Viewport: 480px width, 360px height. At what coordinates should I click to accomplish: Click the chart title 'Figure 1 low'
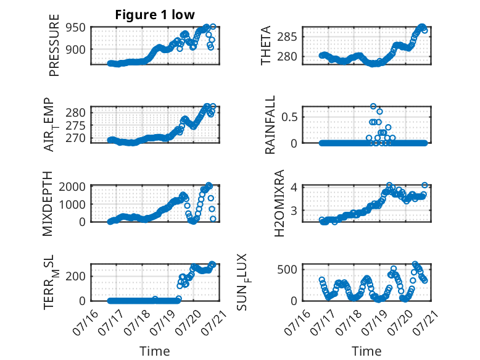pos(155,15)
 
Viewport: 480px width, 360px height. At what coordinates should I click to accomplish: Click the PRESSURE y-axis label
pos(54,45)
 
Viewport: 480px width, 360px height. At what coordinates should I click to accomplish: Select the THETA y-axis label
pos(266,45)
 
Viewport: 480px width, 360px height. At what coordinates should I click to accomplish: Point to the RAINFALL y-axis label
pos(270,124)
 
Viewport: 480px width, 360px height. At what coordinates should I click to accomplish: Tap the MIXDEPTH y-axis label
pos(48,203)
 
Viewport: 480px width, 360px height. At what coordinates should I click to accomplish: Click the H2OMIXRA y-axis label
pos(279,203)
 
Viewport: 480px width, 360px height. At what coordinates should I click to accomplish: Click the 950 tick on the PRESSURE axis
pos(75,28)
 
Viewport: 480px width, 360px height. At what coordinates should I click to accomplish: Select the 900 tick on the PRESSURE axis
pos(75,49)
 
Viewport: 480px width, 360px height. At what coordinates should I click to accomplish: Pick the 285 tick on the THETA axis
pos(287,37)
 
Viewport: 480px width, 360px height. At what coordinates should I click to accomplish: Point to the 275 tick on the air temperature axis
pos(75,125)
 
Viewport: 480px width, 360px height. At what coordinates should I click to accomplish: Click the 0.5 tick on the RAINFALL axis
pos(289,117)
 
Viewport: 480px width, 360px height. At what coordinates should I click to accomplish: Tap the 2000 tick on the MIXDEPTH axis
pos(72,186)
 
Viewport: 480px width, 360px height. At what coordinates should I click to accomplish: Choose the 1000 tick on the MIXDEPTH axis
pos(72,204)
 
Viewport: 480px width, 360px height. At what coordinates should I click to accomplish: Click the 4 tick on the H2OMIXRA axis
pos(294,186)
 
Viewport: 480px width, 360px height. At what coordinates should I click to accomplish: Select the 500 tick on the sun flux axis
pos(287,270)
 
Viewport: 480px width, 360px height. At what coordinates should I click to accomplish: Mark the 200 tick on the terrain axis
pos(75,276)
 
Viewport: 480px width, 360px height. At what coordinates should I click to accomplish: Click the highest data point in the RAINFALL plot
pos(373,106)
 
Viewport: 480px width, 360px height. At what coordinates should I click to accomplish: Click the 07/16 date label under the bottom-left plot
pos(85,322)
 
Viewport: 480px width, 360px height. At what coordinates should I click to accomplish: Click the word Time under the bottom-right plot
pos(366,351)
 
